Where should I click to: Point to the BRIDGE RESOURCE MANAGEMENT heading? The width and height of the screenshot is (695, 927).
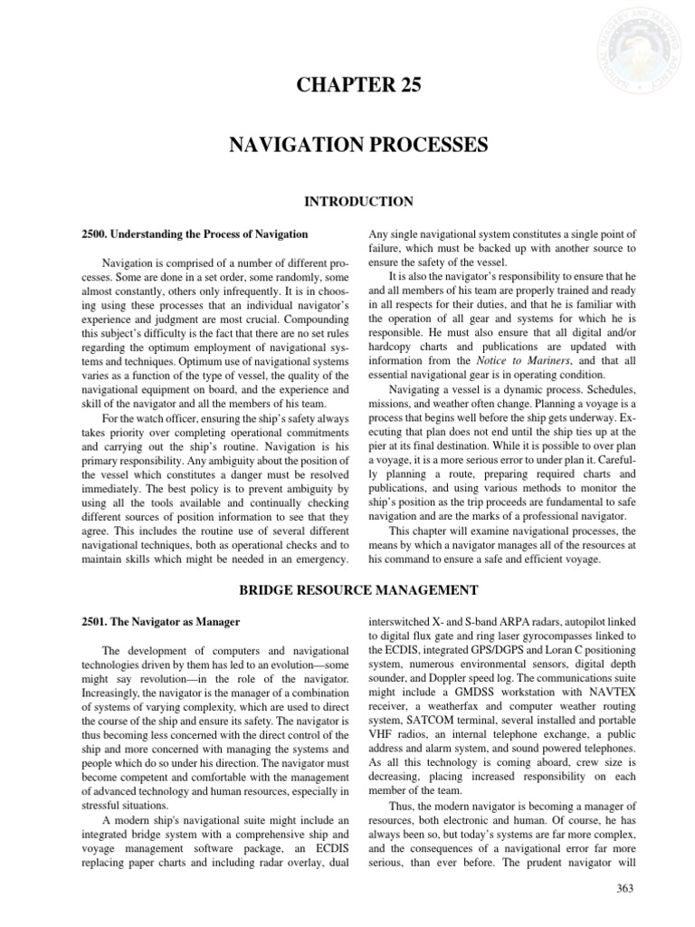coord(357,590)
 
